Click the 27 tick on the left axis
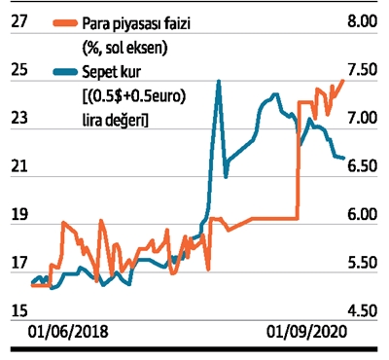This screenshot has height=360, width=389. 18,21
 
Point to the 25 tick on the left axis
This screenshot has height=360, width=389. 18,70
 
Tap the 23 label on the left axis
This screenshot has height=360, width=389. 18,118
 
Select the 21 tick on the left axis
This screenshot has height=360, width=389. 18,165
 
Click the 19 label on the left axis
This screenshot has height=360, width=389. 18,214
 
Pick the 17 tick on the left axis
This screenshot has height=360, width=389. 18,263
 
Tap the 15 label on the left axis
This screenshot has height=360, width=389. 18,310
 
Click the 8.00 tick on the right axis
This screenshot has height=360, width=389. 363,21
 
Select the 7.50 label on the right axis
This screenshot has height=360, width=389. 363,70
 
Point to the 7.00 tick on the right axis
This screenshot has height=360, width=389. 363,118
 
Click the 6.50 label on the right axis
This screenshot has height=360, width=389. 363,165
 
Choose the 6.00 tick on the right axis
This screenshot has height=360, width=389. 363,214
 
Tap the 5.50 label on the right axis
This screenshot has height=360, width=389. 363,263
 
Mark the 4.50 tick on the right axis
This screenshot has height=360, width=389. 363,310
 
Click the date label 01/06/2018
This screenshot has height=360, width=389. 68,332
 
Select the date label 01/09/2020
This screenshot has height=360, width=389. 306,332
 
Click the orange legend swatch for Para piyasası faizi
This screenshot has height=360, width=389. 65,23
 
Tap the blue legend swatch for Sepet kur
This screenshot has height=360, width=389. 65,72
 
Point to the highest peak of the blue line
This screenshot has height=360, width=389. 219,81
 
